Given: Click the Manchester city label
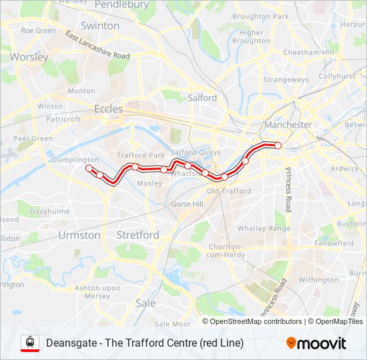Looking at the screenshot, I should [288, 125].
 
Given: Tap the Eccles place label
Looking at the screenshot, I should [108, 109].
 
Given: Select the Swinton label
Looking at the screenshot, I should [100, 26].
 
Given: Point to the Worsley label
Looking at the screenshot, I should [29, 57].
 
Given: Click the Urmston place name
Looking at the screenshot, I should [79, 235].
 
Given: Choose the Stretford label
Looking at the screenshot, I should [137, 235].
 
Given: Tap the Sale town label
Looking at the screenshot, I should [145, 303].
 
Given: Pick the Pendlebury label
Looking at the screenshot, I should [121, 5].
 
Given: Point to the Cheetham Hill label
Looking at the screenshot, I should [308, 53].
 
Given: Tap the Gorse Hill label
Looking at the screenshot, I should [188, 203].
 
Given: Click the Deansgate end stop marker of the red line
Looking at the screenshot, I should [278, 145].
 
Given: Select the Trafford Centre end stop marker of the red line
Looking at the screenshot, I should [88, 169].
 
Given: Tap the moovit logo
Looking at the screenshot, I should [316, 343].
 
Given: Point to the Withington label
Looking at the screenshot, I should [318, 280].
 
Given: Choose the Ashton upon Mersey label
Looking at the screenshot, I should [97, 291].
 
